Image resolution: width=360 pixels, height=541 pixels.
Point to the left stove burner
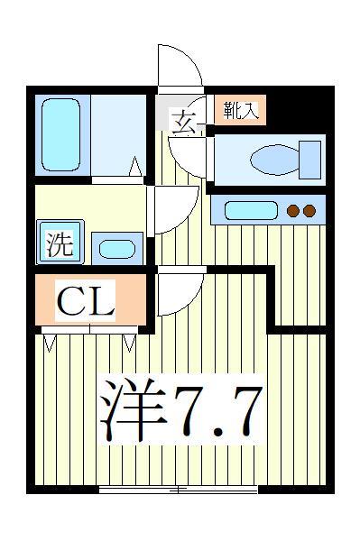[x=293, y=212]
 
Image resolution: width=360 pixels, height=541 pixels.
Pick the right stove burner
[x=309, y=212]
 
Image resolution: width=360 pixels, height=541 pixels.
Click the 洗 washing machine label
[x=60, y=243]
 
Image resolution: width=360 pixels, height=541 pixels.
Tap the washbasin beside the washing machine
[x=114, y=248]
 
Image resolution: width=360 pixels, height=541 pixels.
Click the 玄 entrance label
[x=183, y=121]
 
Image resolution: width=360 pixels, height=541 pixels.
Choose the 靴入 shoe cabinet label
[x=240, y=111]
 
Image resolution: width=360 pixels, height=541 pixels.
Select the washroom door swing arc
[x=170, y=209]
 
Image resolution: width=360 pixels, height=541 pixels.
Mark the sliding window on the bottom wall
[x=178, y=489]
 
